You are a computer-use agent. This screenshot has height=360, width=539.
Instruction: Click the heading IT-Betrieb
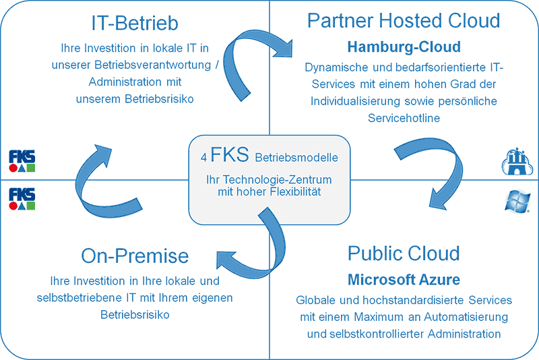(135, 24)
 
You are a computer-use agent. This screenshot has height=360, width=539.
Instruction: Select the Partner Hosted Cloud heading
(404, 20)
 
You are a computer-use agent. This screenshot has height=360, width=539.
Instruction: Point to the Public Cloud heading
(404, 253)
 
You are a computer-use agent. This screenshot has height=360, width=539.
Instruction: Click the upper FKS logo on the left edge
(22, 160)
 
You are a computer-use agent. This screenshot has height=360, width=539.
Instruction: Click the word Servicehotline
(404, 117)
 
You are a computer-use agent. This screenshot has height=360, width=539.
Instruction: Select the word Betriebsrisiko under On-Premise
(135, 314)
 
